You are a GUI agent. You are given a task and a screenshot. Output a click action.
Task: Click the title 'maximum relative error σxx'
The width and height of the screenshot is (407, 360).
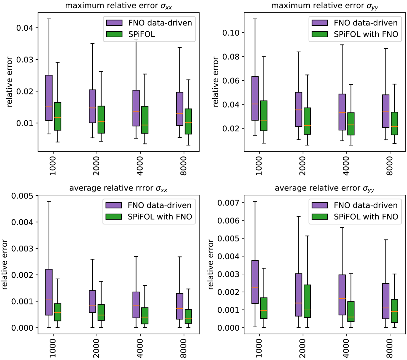[118, 6]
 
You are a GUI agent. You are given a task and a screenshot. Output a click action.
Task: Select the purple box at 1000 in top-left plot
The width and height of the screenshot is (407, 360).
[49, 98]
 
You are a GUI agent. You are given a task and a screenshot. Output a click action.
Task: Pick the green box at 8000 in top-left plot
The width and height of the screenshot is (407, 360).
[188, 121]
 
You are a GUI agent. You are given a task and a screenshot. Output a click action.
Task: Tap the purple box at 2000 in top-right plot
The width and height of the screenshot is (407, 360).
[299, 109]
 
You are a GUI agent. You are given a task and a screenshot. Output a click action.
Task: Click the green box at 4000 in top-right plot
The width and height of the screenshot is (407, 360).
[351, 123]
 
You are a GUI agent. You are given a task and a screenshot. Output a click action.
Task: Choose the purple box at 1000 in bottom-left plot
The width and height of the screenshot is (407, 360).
[49, 292]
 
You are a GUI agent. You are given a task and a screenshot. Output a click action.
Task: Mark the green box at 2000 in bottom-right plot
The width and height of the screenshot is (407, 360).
[307, 301]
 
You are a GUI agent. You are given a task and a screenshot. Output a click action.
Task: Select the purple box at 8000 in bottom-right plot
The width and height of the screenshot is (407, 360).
[386, 301]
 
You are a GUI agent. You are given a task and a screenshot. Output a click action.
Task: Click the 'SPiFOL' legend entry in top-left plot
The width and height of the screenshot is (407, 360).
[141, 34]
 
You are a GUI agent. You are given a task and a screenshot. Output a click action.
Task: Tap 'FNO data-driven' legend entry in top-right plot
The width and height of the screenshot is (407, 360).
[366, 23]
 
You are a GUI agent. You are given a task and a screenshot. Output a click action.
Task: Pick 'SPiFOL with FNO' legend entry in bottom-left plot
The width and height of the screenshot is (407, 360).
[160, 217]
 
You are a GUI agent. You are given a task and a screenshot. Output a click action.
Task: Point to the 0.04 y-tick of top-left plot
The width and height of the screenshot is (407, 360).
[25, 28]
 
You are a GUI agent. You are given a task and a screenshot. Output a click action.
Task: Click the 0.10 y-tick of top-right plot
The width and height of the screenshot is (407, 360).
[231, 33]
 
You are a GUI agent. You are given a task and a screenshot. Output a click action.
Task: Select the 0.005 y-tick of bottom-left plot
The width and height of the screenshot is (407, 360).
[22, 196]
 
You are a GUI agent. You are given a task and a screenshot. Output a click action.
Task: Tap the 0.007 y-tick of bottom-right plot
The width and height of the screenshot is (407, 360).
[228, 203]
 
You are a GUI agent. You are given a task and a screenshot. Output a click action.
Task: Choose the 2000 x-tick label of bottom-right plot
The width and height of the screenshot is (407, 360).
[302, 348]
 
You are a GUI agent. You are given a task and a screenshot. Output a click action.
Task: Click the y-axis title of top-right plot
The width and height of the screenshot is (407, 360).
[216, 82]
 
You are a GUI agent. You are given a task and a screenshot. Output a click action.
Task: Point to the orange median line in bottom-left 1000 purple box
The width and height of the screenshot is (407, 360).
[49, 300]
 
